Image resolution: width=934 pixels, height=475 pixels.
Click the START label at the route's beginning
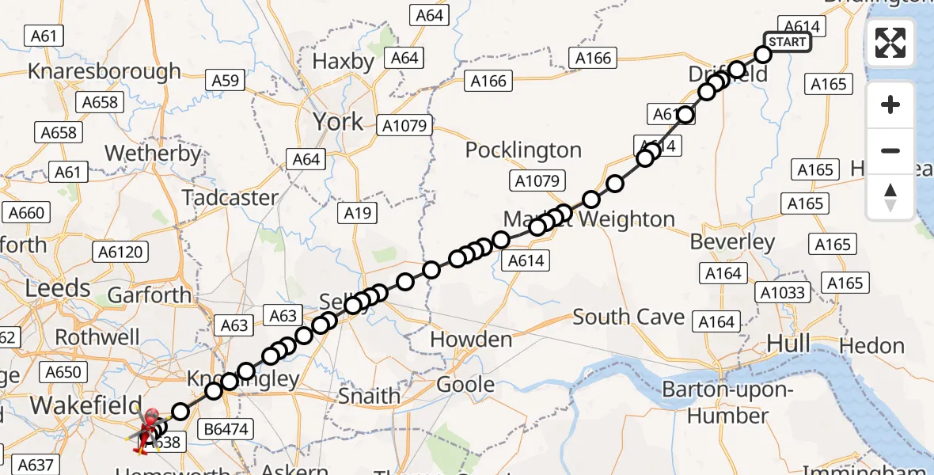[x=787, y=42]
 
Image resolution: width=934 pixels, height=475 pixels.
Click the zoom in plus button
[x=890, y=104]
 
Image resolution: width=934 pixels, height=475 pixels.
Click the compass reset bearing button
[x=890, y=197]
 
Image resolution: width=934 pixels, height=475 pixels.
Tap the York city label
[x=338, y=122]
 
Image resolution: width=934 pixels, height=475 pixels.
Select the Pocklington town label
[x=523, y=150]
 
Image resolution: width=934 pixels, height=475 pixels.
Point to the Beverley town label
[x=732, y=241]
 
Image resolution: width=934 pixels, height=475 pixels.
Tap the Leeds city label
[x=57, y=288]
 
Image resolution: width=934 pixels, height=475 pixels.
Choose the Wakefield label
[x=74, y=406]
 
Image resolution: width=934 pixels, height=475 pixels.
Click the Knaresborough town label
[x=104, y=71]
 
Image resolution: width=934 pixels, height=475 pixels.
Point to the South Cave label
[x=628, y=317]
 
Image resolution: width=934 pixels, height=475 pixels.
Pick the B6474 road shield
[x=226, y=430]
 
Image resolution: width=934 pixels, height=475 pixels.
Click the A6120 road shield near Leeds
[x=120, y=252]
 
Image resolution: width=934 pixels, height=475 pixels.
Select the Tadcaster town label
[x=230, y=197]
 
